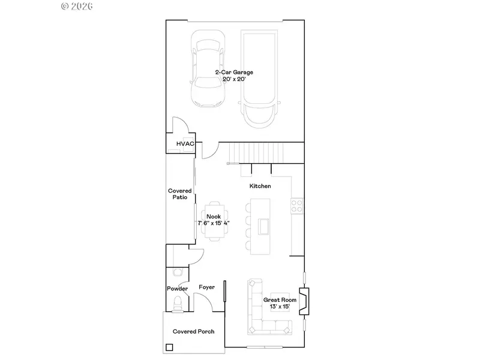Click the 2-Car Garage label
pyautogui.click(x=234, y=72)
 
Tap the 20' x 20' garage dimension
pyautogui.click(x=234, y=79)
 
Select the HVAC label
pyautogui.click(x=185, y=143)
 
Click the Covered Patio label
pyautogui.click(x=179, y=194)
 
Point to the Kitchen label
pyautogui.click(x=260, y=186)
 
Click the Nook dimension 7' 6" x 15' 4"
pyautogui.click(x=214, y=223)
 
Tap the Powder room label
pyautogui.click(x=177, y=289)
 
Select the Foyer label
pyautogui.click(x=206, y=287)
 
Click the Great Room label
pyautogui.click(x=280, y=299)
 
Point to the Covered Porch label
pyautogui.click(x=193, y=331)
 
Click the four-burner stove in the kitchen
pyautogui.click(x=296, y=206)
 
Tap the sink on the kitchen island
pyautogui.click(x=263, y=227)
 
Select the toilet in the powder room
pyautogui.click(x=178, y=304)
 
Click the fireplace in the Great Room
pyautogui.click(x=304, y=302)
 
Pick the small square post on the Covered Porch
pyautogui.click(x=169, y=347)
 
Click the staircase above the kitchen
pyautogui.click(x=257, y=153)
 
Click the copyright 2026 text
pyautogui.click(x=77, y=6)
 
